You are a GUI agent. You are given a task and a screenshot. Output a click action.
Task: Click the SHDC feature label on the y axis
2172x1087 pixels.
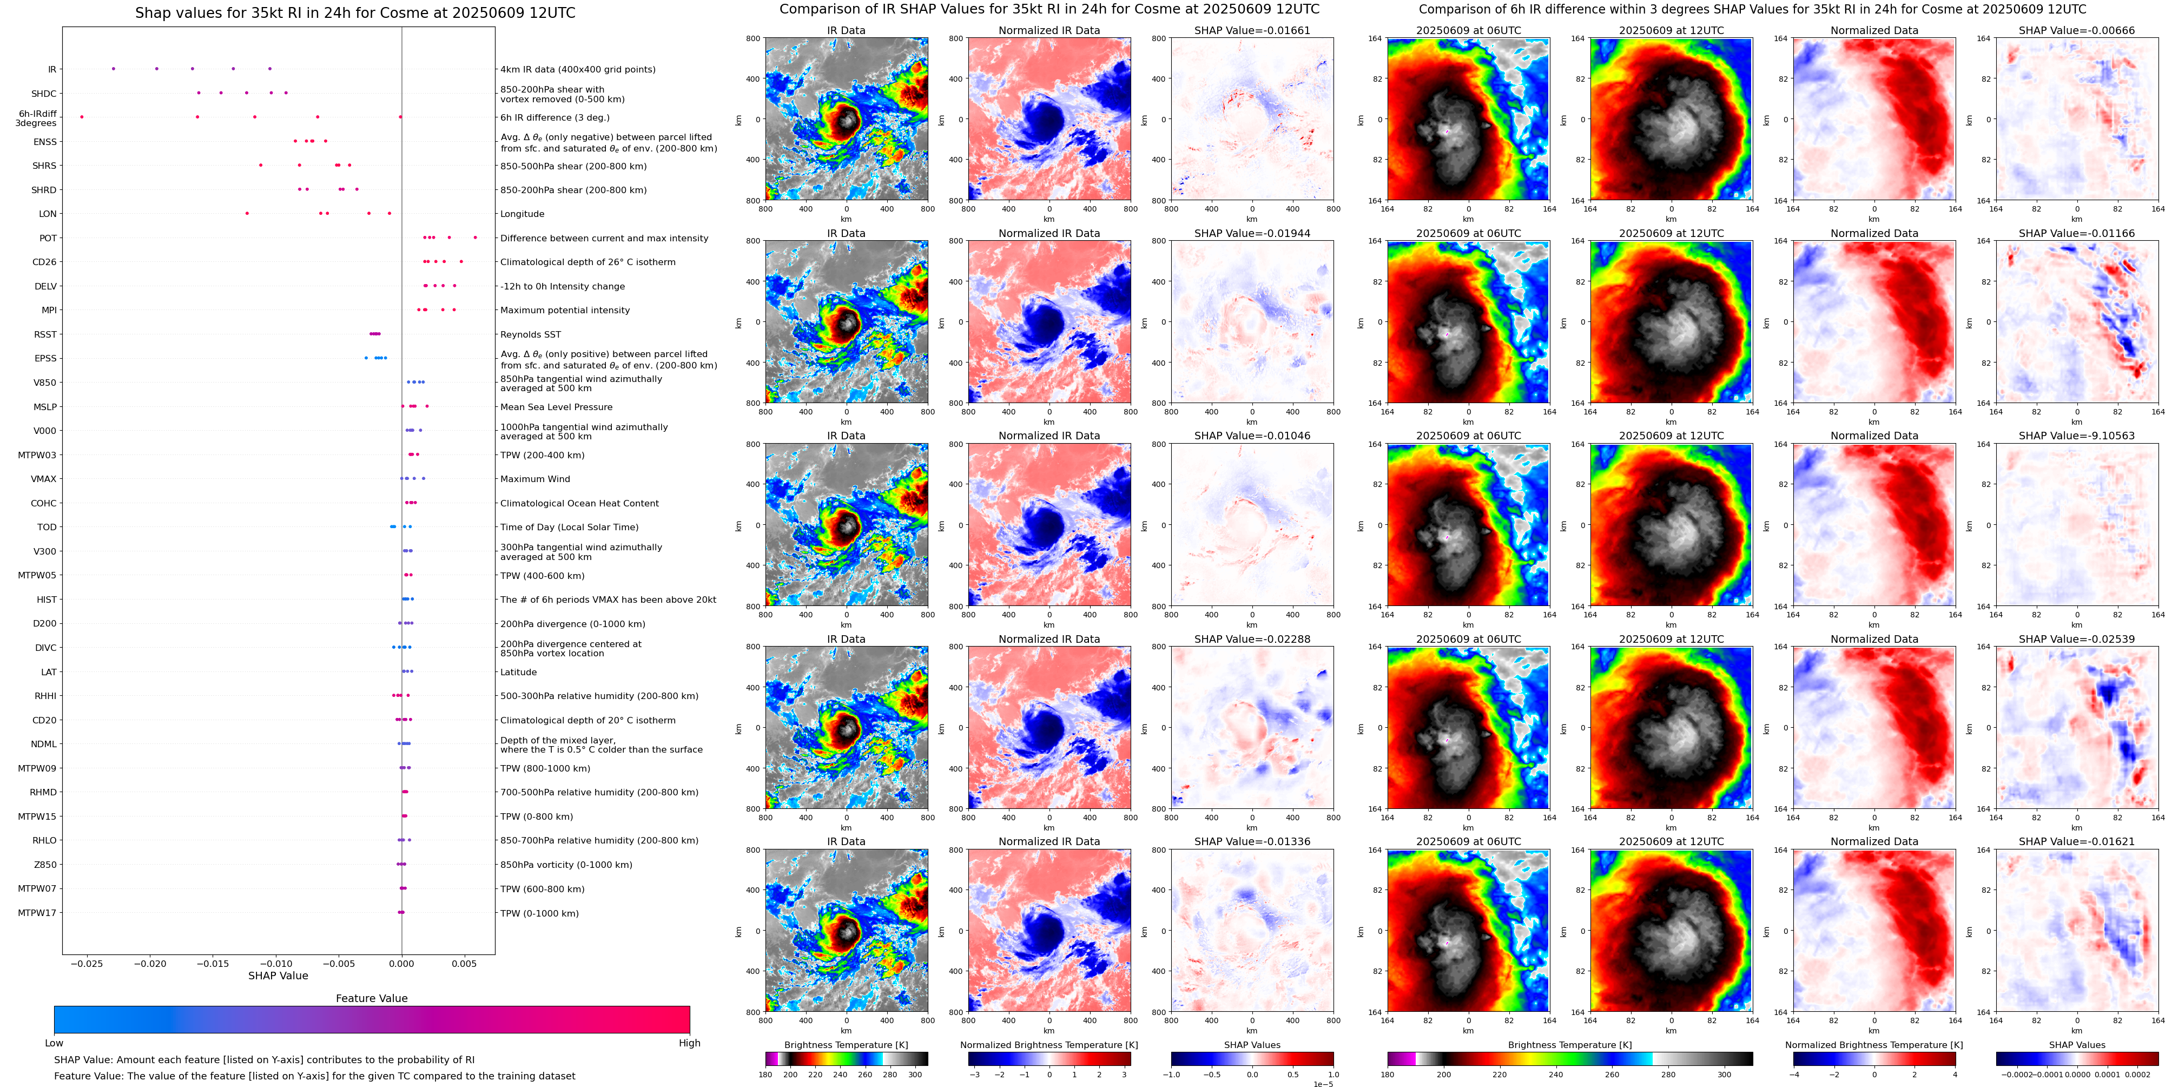click(44, 94)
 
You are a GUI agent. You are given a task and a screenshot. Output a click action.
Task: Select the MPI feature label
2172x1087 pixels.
click(49, 311)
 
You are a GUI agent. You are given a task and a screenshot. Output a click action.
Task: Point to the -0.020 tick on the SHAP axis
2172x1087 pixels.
click(152, 963)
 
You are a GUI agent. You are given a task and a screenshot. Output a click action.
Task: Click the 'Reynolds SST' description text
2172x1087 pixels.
click(530, 335)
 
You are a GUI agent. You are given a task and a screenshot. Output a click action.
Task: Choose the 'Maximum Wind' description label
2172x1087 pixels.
click(534, 479)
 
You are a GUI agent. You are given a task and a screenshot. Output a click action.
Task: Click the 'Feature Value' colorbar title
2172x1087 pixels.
click(371, 998)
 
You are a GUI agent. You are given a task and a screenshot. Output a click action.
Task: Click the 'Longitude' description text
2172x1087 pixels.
click(522, 214)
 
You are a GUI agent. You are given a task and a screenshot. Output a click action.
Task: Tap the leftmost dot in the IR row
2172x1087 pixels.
click(114, 68)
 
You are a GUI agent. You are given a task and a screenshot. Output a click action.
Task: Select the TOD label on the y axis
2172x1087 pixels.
click(47, 527)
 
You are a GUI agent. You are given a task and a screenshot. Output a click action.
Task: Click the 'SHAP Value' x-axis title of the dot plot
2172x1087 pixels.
click(278, 976)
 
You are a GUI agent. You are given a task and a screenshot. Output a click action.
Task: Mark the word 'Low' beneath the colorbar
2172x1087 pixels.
click(54, 1043)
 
